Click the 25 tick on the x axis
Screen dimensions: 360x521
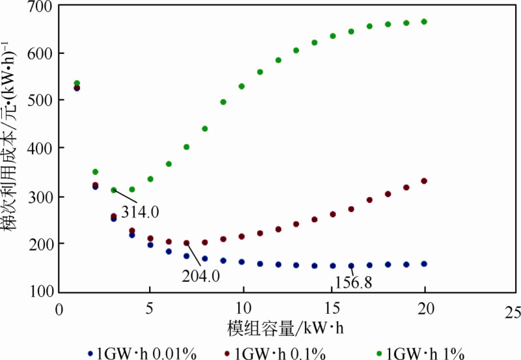pos(514,309)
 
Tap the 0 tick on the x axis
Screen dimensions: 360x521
pos(59,309)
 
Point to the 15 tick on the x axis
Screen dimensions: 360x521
pos(333,309)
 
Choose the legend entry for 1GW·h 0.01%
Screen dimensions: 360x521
pos(140,353)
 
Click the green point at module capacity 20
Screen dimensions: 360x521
pos(424,21)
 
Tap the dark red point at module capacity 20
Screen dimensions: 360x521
pos(424,181)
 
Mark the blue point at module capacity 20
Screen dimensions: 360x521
pos(424,264)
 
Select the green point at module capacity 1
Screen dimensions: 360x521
pos(77,83)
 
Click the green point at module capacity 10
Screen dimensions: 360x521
pos(242,86)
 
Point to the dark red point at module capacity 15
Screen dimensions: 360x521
pos(333,214)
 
